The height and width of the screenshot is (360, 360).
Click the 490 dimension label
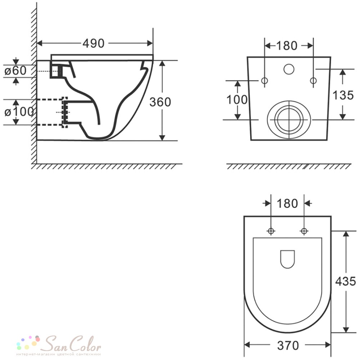tap(94, 43)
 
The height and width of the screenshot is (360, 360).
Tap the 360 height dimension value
tap(160, 102)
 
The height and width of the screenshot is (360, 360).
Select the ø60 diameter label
tap(15, 71)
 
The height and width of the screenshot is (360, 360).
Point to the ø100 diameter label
tap(19, 112)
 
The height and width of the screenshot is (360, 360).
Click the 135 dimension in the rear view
tap(343, 95)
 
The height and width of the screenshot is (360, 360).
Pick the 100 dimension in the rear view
tap(237, 100)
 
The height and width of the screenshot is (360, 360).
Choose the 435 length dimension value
tap(345, 281)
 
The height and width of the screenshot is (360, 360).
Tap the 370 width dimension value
tap(288, 346)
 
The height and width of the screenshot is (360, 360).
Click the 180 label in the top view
tap(287, 203)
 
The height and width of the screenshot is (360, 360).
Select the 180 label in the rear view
tap(287, 45)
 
